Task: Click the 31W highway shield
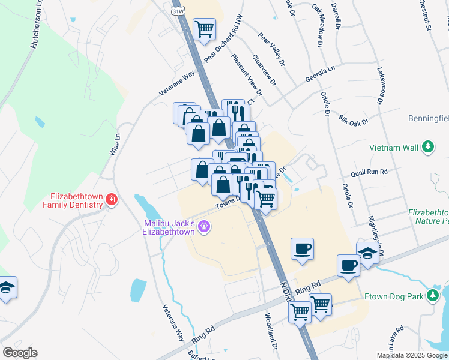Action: tap(177, 11)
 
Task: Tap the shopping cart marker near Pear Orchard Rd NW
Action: tap(204, 29)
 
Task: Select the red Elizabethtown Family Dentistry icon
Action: tap(111, 200)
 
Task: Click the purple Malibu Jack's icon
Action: tap(205, 226)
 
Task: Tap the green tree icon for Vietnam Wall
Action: tap(427, 147)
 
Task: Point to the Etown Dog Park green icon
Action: tap(432, 296)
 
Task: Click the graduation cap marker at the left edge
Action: tap(7, 288)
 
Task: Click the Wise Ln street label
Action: tap(115, 144)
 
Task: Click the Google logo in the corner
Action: tap(19, 353)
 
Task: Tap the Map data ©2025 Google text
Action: tap(412, 355)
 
